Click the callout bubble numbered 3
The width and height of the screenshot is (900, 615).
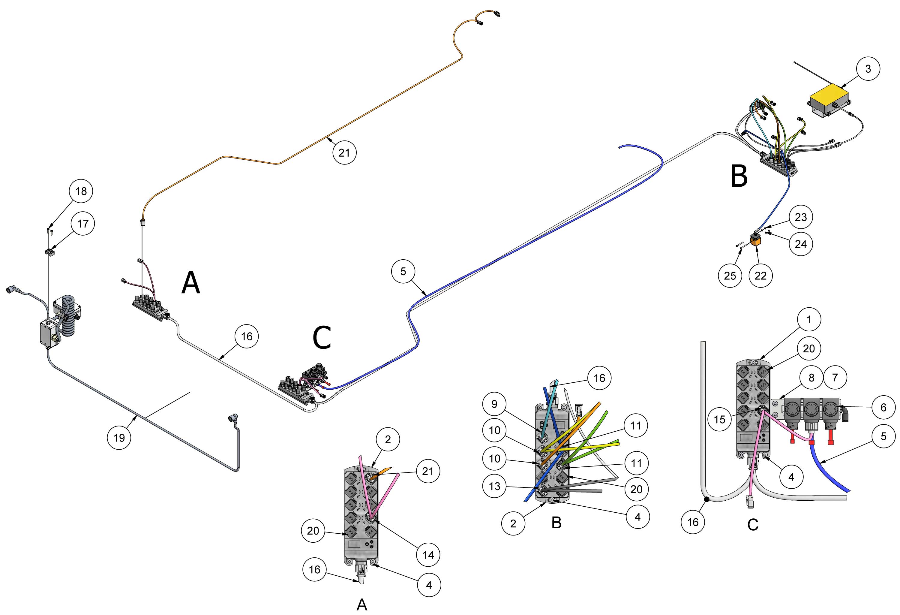coord(868,69)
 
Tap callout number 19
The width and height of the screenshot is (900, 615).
coord(119,438)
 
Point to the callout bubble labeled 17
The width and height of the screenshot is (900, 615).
coord(83,224)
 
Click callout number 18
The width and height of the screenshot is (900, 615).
coord(81,191)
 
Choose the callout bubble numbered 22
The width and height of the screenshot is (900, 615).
coord(760,276)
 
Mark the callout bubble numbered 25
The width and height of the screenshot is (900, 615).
coord(730,276)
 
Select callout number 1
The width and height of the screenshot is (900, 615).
coord(808,319)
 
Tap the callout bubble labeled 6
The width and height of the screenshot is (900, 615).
coord(883,407)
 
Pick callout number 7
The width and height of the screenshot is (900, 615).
coord(835,377)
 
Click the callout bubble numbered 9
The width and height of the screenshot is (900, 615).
coord(494,404)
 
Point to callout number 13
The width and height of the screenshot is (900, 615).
coord(494,486)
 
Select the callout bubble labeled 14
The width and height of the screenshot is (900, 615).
coord(428,555)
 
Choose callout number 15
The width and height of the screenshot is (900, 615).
coord(719,419)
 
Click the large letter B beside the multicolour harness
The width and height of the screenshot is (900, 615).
coord(739,176)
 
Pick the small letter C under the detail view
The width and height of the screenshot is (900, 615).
coord(753,525)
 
